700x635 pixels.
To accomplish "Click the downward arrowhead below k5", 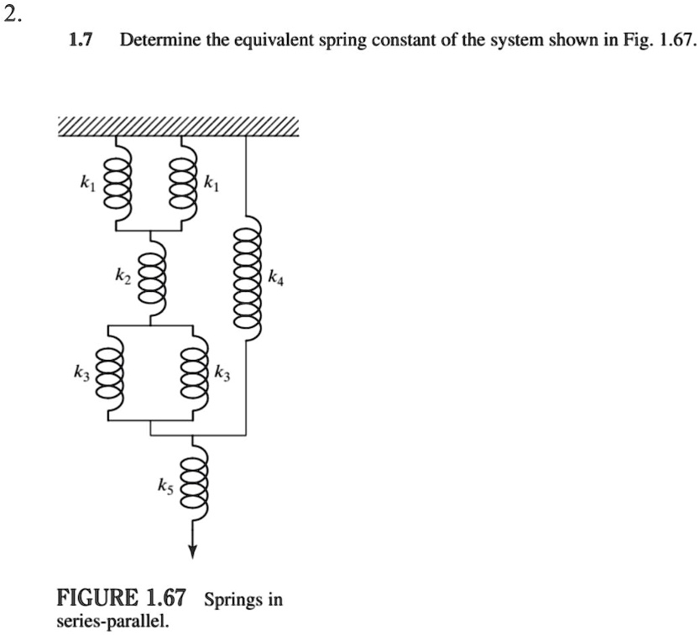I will pos(192,550).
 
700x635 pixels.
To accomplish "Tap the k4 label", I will pos(277,278).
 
